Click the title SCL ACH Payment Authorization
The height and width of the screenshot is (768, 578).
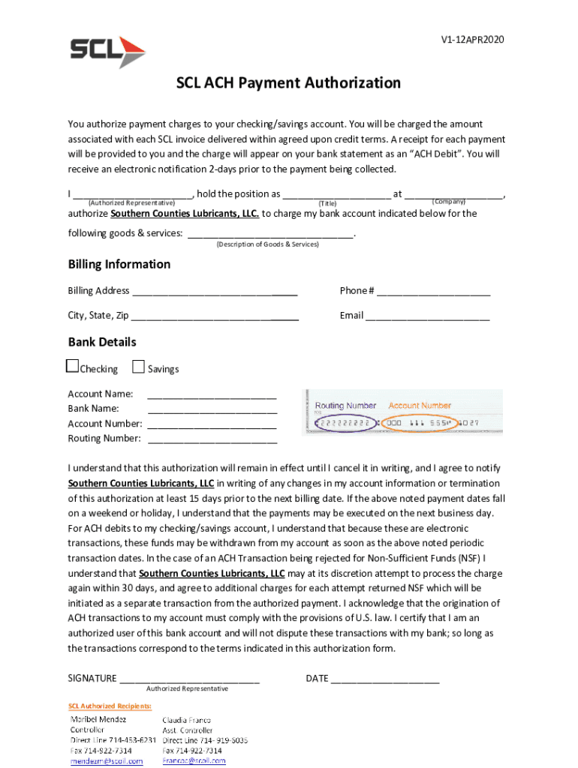click(x=288, y=83)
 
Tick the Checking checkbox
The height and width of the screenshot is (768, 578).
click(x=73, y=367)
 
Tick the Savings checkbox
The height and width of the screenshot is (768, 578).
click(x=138, y=367)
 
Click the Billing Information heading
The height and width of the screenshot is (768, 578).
click(x=119, y=265)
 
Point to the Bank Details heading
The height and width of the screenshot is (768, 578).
click(x=102, y=342)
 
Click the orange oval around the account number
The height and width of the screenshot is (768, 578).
click(x=419, y=424)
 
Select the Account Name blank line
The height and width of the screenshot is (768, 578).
click(x=212, y=395)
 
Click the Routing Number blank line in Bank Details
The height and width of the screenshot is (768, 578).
click(x=212, y=440)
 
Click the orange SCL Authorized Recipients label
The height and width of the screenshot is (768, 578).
click(x=110, y=706)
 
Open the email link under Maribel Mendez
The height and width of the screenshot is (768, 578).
click(x=107, y=761)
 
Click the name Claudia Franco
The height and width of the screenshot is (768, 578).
click(x=187, y=720)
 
